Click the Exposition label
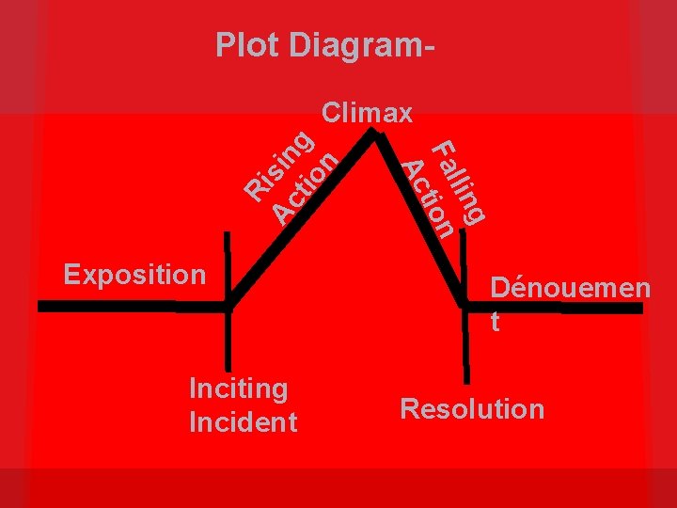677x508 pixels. pyautogui.click(x=134, y=275)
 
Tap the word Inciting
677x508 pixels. pyautogui.click(x=238, y=388)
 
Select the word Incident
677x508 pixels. pyautogui.click(x=243, y=422)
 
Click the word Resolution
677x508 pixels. pyautogui.click(x=472, y=408)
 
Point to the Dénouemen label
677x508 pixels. pyautogui.click(x=570, y=287)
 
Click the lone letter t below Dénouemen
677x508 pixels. pyautogui.click(x=495, y=322)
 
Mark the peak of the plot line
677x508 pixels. pyautogui.click(x=375, y=133)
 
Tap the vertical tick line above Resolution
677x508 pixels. pyautogui.click(x=464, y=348)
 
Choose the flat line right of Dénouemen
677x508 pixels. pyautogui.click(x=583, y=307)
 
